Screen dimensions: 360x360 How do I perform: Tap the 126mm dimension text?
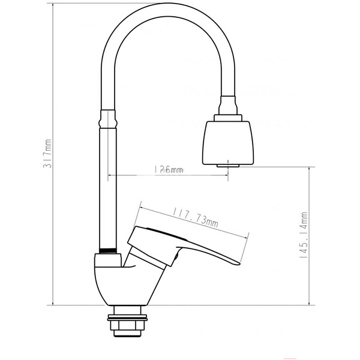[x=168, y=170]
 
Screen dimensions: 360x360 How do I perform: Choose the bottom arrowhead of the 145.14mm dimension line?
[x=309, y=305]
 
